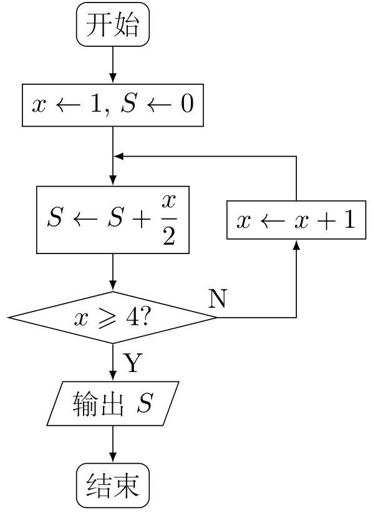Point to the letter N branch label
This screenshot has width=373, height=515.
[217, 299]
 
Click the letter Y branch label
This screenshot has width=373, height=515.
[133, 362]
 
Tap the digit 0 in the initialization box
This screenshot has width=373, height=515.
[187, 104]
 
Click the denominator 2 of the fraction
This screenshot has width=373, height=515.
[169, 236]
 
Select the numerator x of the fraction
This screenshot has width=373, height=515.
[169, 202]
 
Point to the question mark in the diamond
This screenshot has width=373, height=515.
[145, 317]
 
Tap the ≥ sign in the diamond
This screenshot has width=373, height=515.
[107, 318]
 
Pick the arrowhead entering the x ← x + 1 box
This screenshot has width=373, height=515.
[296, 244]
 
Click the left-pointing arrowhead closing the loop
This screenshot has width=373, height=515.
[118, 156]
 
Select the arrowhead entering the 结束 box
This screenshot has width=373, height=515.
[113, 458]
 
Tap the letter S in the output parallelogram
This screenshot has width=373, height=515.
[145, 403]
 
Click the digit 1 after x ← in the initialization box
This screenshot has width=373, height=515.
[97, 104]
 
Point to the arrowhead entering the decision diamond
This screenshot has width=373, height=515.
[113, 287]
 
